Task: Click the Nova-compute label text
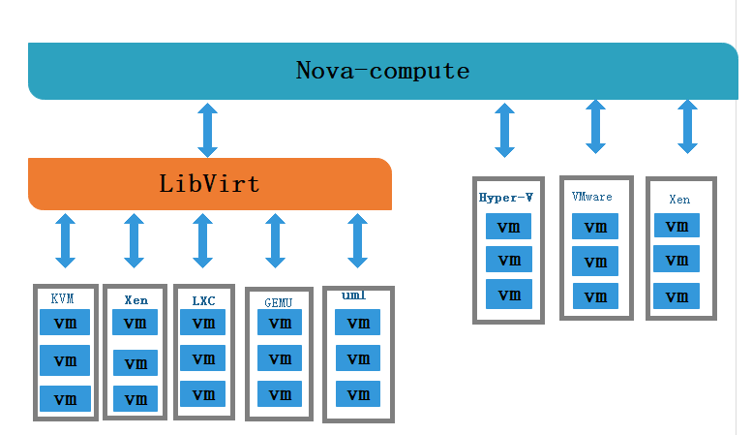pyautogui.click(x=382, y=71)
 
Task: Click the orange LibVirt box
pyautogui.click(x=209, y=183)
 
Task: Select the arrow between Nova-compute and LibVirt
pyautogui.click(x=207, y=131)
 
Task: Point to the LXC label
pyautogui.click(x=203, y=300)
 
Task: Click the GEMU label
pyautogui.click(x=278, y=302)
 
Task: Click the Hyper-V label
pyautogui.click(x=506, y=197)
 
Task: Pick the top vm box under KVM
pyautogui.click(x=65, y=323)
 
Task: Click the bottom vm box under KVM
pyautogui.click(x=65, y=398)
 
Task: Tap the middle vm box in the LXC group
pyautogui.click(x=202, y=358)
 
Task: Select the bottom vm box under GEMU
pyautogui.click(x=280, y=394)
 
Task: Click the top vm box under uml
pyautogui.click(x=357, y=323)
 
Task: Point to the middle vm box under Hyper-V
pyautogui.click(x=508, y=261)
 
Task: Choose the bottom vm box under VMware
pyautogui.click(x=594, y=295)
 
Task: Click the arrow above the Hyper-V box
pyautogui.click(x=504, y=131)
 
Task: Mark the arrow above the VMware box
pyautogui.click(x=595, y=126)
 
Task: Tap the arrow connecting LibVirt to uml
pyautogui.click(x=358, y=240)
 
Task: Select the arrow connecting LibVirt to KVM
pyautogui.click(x=65, y=240)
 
